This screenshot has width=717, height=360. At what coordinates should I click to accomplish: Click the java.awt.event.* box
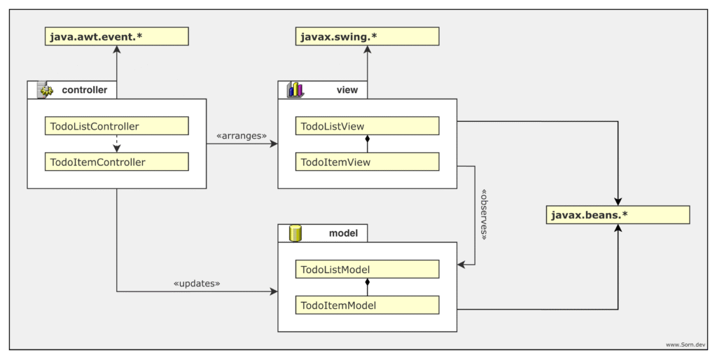(117, 36)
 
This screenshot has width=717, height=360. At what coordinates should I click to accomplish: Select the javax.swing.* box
(367, 36)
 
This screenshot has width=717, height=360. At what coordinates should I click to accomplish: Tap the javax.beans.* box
(618, 215)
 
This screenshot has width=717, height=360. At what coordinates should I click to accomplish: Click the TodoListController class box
(117, 126)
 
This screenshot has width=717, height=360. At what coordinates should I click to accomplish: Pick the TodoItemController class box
(117, 162)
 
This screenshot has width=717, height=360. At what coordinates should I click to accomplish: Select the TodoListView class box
(367, 126)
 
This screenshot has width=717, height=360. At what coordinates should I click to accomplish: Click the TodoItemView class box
(367, 162)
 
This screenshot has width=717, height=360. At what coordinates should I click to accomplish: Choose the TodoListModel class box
(367, 269)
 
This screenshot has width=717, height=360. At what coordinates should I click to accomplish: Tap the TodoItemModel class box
(367, 305)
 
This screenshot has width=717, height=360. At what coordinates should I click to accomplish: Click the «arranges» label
(242, 136)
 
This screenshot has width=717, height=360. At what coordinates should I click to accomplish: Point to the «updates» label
(197, 283)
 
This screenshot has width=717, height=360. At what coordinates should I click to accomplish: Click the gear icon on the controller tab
(46, 90)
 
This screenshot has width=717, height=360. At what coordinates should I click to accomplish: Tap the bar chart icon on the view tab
(295, 90)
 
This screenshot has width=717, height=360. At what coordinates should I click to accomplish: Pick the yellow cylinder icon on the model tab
(295, 233)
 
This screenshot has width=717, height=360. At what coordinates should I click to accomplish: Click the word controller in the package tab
(85, 90)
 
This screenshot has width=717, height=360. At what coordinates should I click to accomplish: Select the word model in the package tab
(343, 233)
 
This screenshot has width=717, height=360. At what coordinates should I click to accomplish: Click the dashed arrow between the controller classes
(117, 144)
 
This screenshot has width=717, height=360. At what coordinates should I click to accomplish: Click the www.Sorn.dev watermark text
(685, 345)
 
